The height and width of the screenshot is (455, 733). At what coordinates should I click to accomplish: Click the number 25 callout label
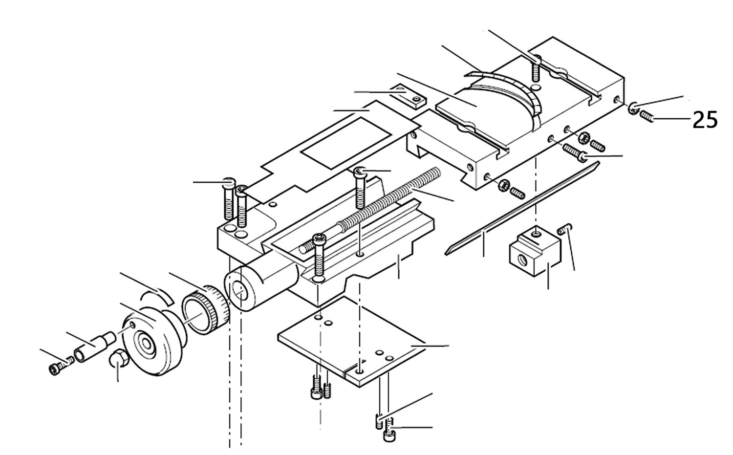[705, 119]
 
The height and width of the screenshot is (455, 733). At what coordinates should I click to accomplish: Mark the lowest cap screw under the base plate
[389, 434]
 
